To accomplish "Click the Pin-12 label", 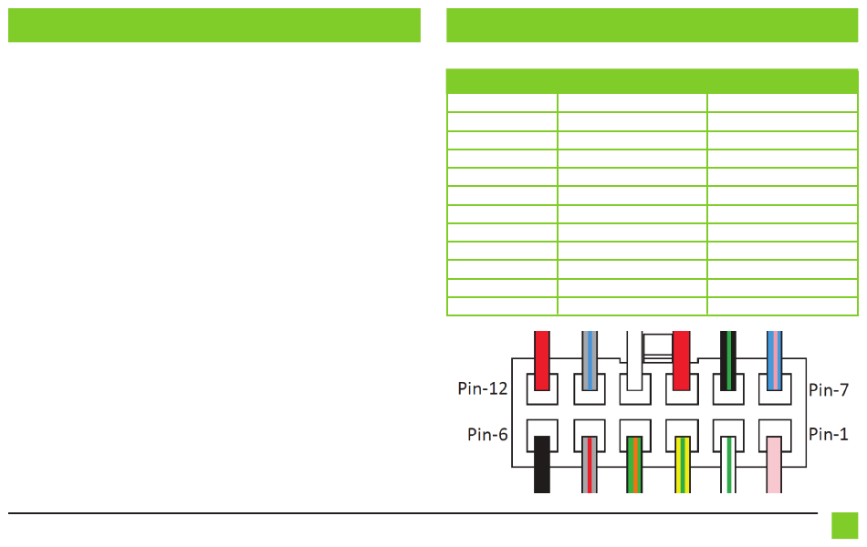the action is pos(482,389).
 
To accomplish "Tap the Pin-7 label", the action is pos(829,389).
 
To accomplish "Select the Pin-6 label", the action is pos(487,434).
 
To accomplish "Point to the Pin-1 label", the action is pos(829,434).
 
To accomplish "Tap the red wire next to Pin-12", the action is pos(542,358).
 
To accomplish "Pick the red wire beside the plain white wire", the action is pos(681,358).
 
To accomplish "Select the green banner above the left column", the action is pos(214,26).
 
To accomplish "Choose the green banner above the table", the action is pos(653,26).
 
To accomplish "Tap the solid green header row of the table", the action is pos(653,81).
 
